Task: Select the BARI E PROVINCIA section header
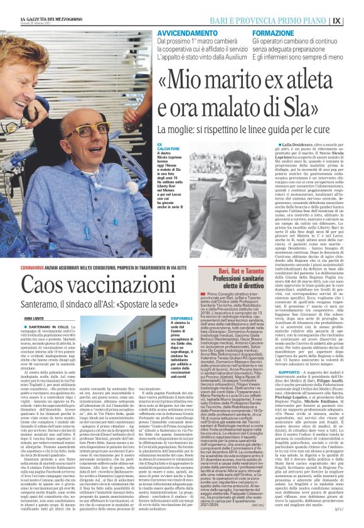click(x=277, y=21)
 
